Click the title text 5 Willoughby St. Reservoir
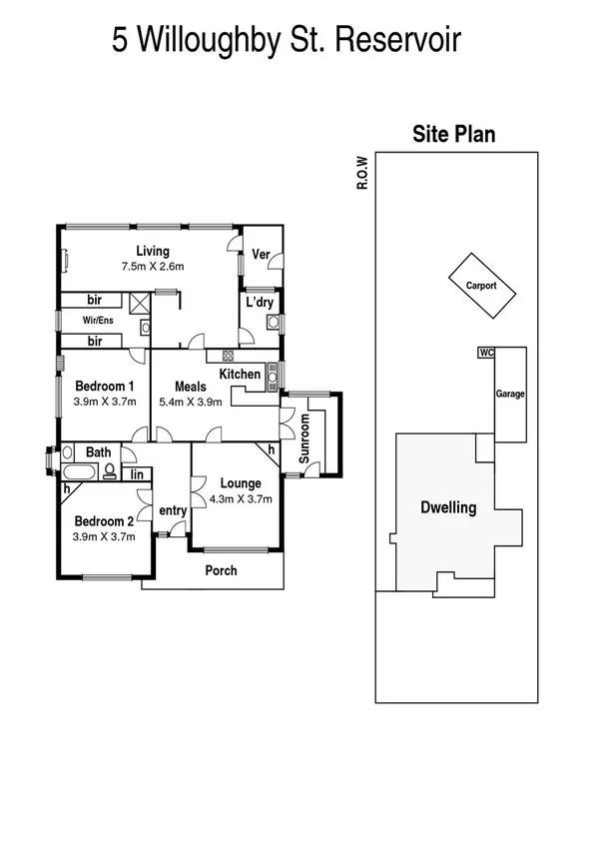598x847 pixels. coord(287,41)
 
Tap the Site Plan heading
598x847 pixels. coord(454,135)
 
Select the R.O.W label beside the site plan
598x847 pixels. coord(366,172)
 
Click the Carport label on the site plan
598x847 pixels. coord(480,286)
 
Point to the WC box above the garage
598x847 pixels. coord(486,353)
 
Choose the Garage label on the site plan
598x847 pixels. coord(510,395)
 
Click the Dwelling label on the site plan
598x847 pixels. coord(447,507)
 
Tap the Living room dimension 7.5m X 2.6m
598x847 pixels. coord(153,267)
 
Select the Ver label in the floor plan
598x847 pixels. coord(261,255)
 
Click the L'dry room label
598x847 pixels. coord(260,303)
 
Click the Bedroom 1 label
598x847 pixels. coord(104,387)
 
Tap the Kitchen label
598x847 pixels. coord(240,375)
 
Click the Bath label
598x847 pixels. coord(98,452)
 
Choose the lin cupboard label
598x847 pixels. coord(136,473)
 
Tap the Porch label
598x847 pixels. coord(221,571)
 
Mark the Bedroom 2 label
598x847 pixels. coord(104,521)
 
